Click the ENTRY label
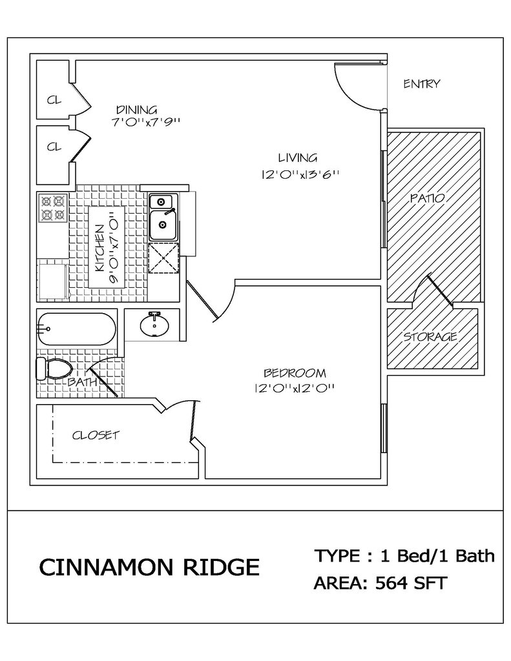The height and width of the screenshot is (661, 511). click(x=422, y=84)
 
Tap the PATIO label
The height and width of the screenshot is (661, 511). click(x=428, y=198)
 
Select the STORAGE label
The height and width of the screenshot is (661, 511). click(x=430, y=337)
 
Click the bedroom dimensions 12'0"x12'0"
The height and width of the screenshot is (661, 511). click(x=295, y=388)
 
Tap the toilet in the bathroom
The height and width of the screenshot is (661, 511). click(x=54, y=368)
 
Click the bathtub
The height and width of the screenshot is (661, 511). click(x=76, y=329)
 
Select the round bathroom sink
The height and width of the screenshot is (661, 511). click(x=154, y=325)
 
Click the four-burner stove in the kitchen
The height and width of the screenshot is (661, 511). click(x=53, y=208)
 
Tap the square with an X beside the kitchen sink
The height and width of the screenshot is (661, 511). click(x=163, y=258)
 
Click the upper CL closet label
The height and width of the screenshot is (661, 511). click(x=54, y=100)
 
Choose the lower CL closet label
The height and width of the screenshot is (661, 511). click(x=54, y=147)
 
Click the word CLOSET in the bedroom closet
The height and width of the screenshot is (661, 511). click(x=96, y=435)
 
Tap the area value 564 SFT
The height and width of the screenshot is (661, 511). click(x=411, y=584)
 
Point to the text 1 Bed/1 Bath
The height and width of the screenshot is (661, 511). click(x=437, y=556)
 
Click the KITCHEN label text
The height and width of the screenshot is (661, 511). click(x=99, y=249)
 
